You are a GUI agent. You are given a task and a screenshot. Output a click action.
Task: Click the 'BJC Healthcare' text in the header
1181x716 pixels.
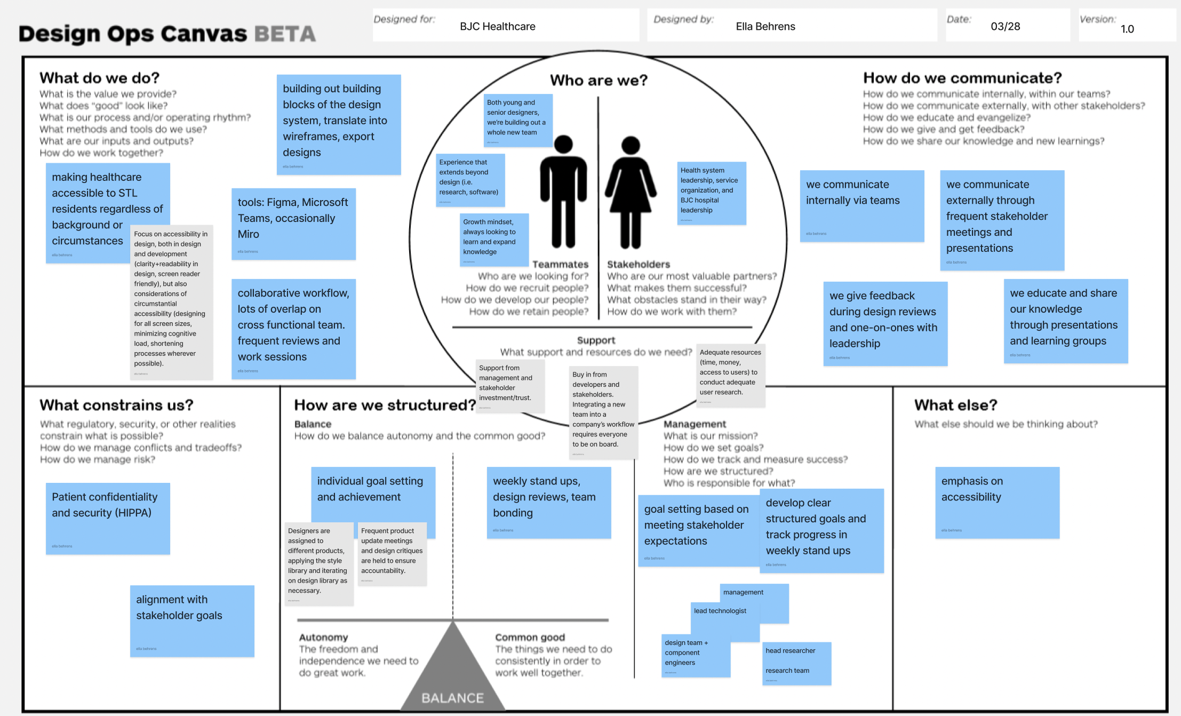click(x=497, y=27)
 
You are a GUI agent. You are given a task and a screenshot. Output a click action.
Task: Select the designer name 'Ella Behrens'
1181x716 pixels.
click(x=765, y=27)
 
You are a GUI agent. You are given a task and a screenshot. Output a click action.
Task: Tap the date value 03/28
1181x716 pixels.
click(x=1005, y=27)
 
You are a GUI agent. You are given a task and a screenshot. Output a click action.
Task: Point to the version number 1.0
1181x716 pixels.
click(x=1127, y=29)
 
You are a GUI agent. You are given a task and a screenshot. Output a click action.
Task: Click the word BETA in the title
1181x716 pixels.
click(x=285, y=34)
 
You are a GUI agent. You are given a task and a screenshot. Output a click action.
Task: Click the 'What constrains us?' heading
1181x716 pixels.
click(x=116, y=405)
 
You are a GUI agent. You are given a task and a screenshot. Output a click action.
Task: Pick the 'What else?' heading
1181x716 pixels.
click(x=955, y=405)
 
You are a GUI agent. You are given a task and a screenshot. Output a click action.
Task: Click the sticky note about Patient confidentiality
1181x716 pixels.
click(x=107, y=518)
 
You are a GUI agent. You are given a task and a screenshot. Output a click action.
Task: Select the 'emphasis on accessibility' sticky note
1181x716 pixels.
click(x=996, y=502)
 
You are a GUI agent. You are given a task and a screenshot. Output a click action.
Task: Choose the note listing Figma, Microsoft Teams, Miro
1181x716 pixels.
click(x=293, y=224)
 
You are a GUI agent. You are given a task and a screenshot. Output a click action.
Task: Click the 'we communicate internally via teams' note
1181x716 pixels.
click(x=861, y=205)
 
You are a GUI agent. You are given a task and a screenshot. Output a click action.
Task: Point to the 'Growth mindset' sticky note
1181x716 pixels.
click(x=493, y=239)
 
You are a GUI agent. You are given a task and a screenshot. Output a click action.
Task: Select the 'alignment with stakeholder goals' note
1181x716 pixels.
click(x=191, y=620)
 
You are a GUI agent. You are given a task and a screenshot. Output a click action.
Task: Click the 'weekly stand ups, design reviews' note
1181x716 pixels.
click(x=548, y=502)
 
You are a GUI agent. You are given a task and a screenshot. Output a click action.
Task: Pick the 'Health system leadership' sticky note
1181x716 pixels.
click(x=711, y=193)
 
